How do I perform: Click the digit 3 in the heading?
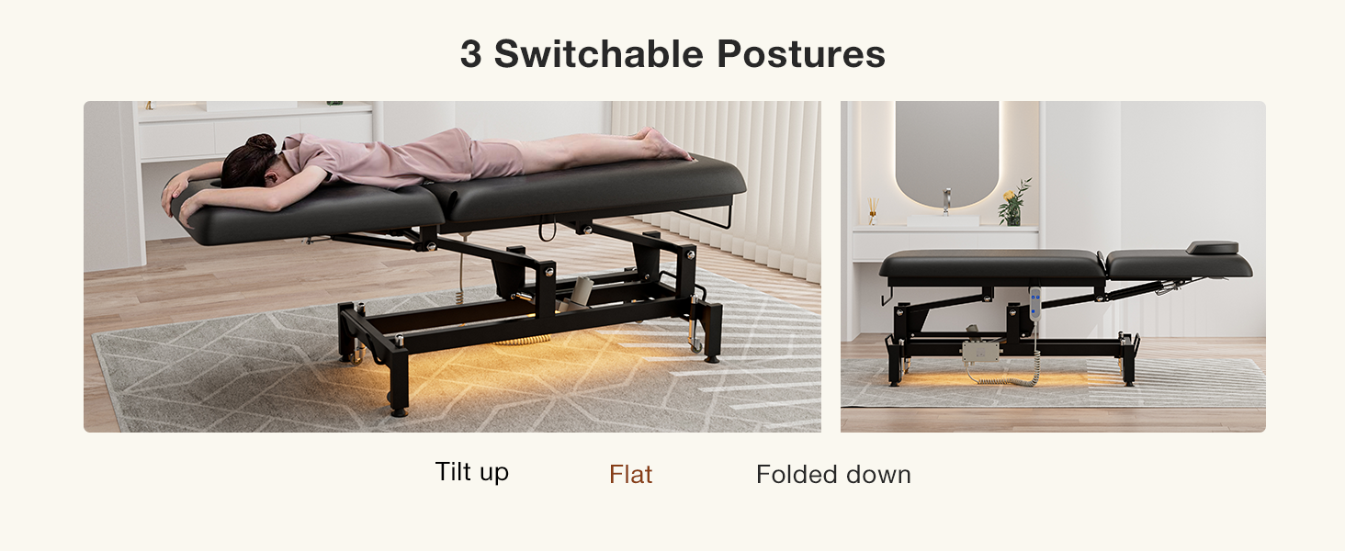coord(470,54)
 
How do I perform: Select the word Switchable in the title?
coord(599,54)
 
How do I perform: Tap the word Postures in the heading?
coord(801,54)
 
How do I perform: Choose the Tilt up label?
coord(472,472)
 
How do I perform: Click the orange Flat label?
coord(630,474)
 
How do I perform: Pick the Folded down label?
coord(833,474)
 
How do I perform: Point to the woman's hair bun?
coord(261,143)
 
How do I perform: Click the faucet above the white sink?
coord(947,201)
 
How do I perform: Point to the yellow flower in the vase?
coord(1010,196)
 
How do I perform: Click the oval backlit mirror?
coord(946,153)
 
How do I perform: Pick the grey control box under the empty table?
coord(980,351)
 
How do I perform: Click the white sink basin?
coord(943,221)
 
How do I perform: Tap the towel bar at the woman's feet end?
coord(708,218)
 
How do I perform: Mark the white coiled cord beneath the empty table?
coord(1002,377)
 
